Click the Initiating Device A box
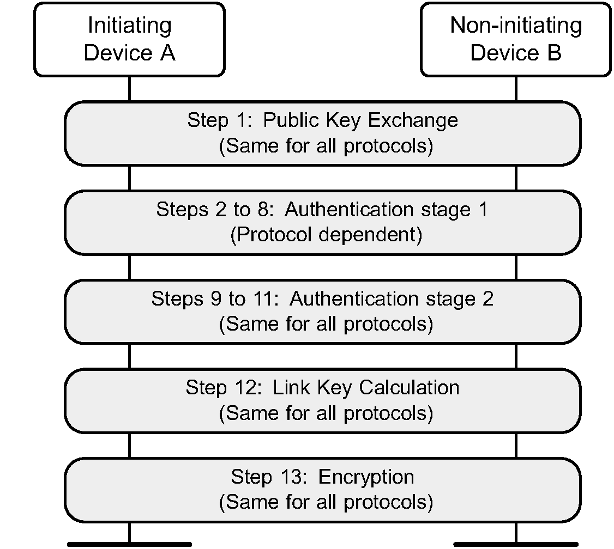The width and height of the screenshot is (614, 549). coord(129,39)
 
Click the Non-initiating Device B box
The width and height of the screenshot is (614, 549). coord(515,39)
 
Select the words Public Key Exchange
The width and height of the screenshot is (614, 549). coord(360,120)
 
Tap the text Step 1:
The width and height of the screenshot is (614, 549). coord(220,120)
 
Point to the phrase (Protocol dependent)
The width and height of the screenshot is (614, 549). coord(326,235)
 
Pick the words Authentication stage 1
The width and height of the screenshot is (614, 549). coord(386,210)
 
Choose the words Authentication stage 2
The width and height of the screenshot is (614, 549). coord(391,298)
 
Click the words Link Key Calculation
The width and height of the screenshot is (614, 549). coord(365,388)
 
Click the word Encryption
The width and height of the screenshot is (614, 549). coord(366,477)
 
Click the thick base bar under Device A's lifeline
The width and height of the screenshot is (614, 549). coord(129,544)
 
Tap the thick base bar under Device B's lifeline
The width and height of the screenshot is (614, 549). coord(515,544)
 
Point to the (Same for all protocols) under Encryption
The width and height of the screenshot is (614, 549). coord(326,502)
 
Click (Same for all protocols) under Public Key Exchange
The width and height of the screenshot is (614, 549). coord(326,147)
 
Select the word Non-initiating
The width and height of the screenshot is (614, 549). coord(515,26)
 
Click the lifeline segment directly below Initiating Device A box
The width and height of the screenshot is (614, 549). coord(129,89)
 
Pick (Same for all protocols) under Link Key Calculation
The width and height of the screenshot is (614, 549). coord(326,413)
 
